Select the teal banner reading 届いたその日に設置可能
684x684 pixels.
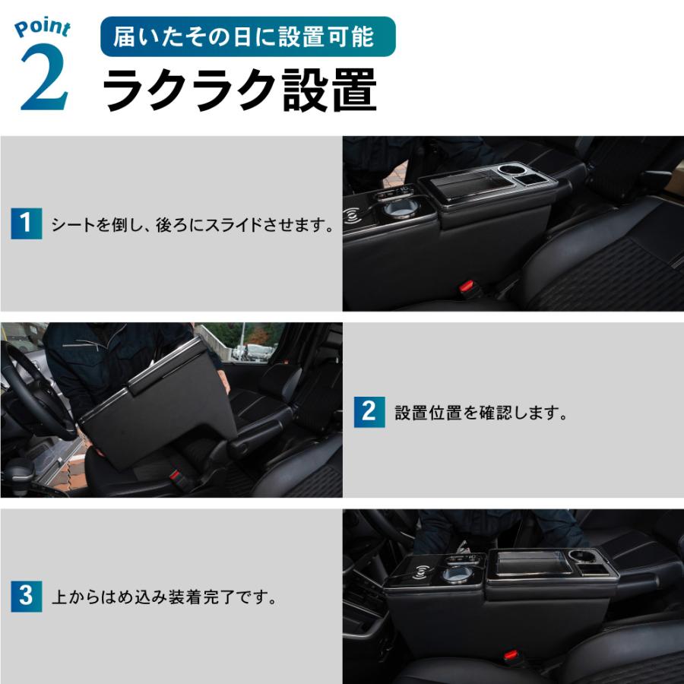pos(248,36)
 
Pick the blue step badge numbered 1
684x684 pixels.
pos(26,224)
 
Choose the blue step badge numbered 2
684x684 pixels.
pos(369,412)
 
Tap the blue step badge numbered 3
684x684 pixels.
pos(26,596)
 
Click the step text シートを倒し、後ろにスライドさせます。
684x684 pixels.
pos(193,225)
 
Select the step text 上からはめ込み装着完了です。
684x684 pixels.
pos(163,597)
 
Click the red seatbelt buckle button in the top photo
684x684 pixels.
pos(467,288)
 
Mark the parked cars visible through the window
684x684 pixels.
pos(251,352)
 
